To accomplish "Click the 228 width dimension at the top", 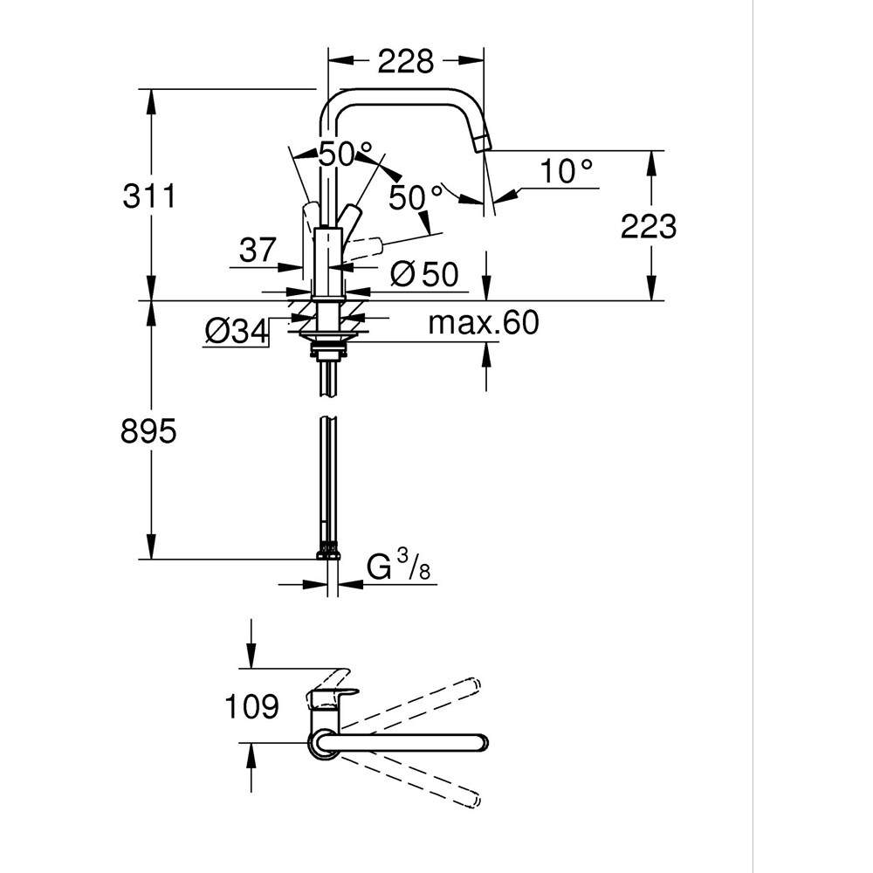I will [405, 61].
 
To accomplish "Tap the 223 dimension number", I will [649, 226].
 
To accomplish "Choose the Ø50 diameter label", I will [424, 275].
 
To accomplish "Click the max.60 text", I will [484, 324].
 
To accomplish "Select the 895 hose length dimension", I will [148, 430].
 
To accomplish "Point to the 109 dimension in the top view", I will [251, 706].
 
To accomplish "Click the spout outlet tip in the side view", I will [483, 142].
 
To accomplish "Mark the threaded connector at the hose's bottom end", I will [328, 552].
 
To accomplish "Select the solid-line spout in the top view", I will [410, 742].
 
